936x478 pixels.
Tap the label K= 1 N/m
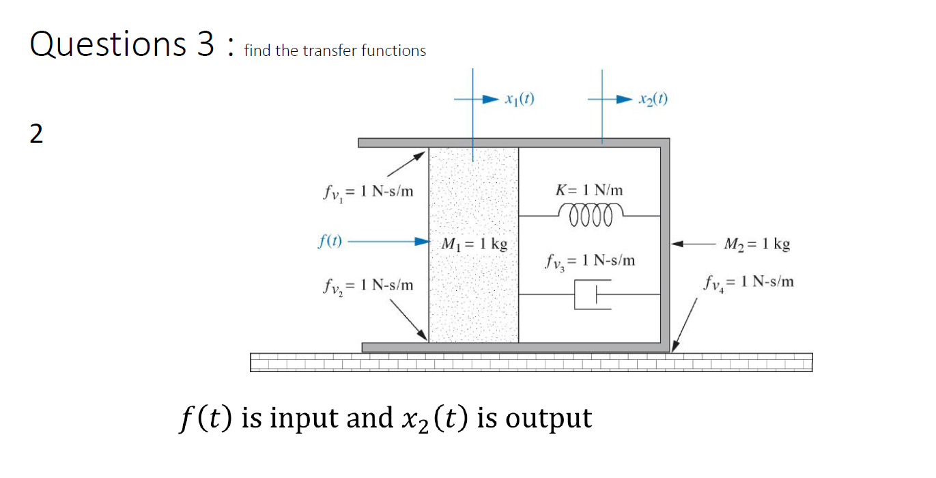[591, 190]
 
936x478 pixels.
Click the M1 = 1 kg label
[474, 244]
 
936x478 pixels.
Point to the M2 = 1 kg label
[757, 244]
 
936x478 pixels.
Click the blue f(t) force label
[331, 241]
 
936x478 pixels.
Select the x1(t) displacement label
[520, 98]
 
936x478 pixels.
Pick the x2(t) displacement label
[653, 98]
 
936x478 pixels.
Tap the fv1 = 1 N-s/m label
[368, 192]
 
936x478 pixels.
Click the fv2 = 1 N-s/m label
[368, 285]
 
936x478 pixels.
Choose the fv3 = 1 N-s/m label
[590, 261]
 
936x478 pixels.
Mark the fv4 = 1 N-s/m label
[749, 281]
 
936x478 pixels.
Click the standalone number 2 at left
[36, 135]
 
